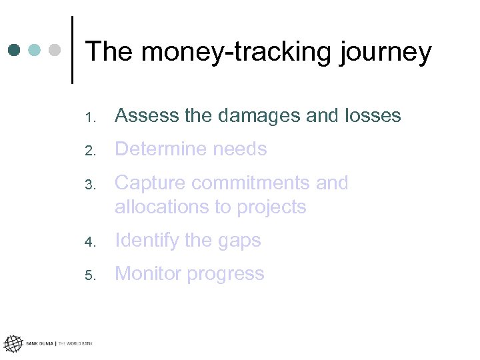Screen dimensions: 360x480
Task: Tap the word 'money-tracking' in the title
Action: click(233, 52)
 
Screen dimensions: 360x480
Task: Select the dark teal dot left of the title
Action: click(15, 50)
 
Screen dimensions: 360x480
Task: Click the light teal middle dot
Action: click(35, 50)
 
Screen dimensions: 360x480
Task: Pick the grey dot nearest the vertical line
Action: click(55, 50)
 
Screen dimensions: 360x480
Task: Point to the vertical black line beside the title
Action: click(71, 50)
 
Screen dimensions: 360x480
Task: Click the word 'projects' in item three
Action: click(269, 207)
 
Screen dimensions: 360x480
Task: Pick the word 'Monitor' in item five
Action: click(147, 274)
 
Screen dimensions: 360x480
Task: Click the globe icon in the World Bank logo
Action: click(12, 344)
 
